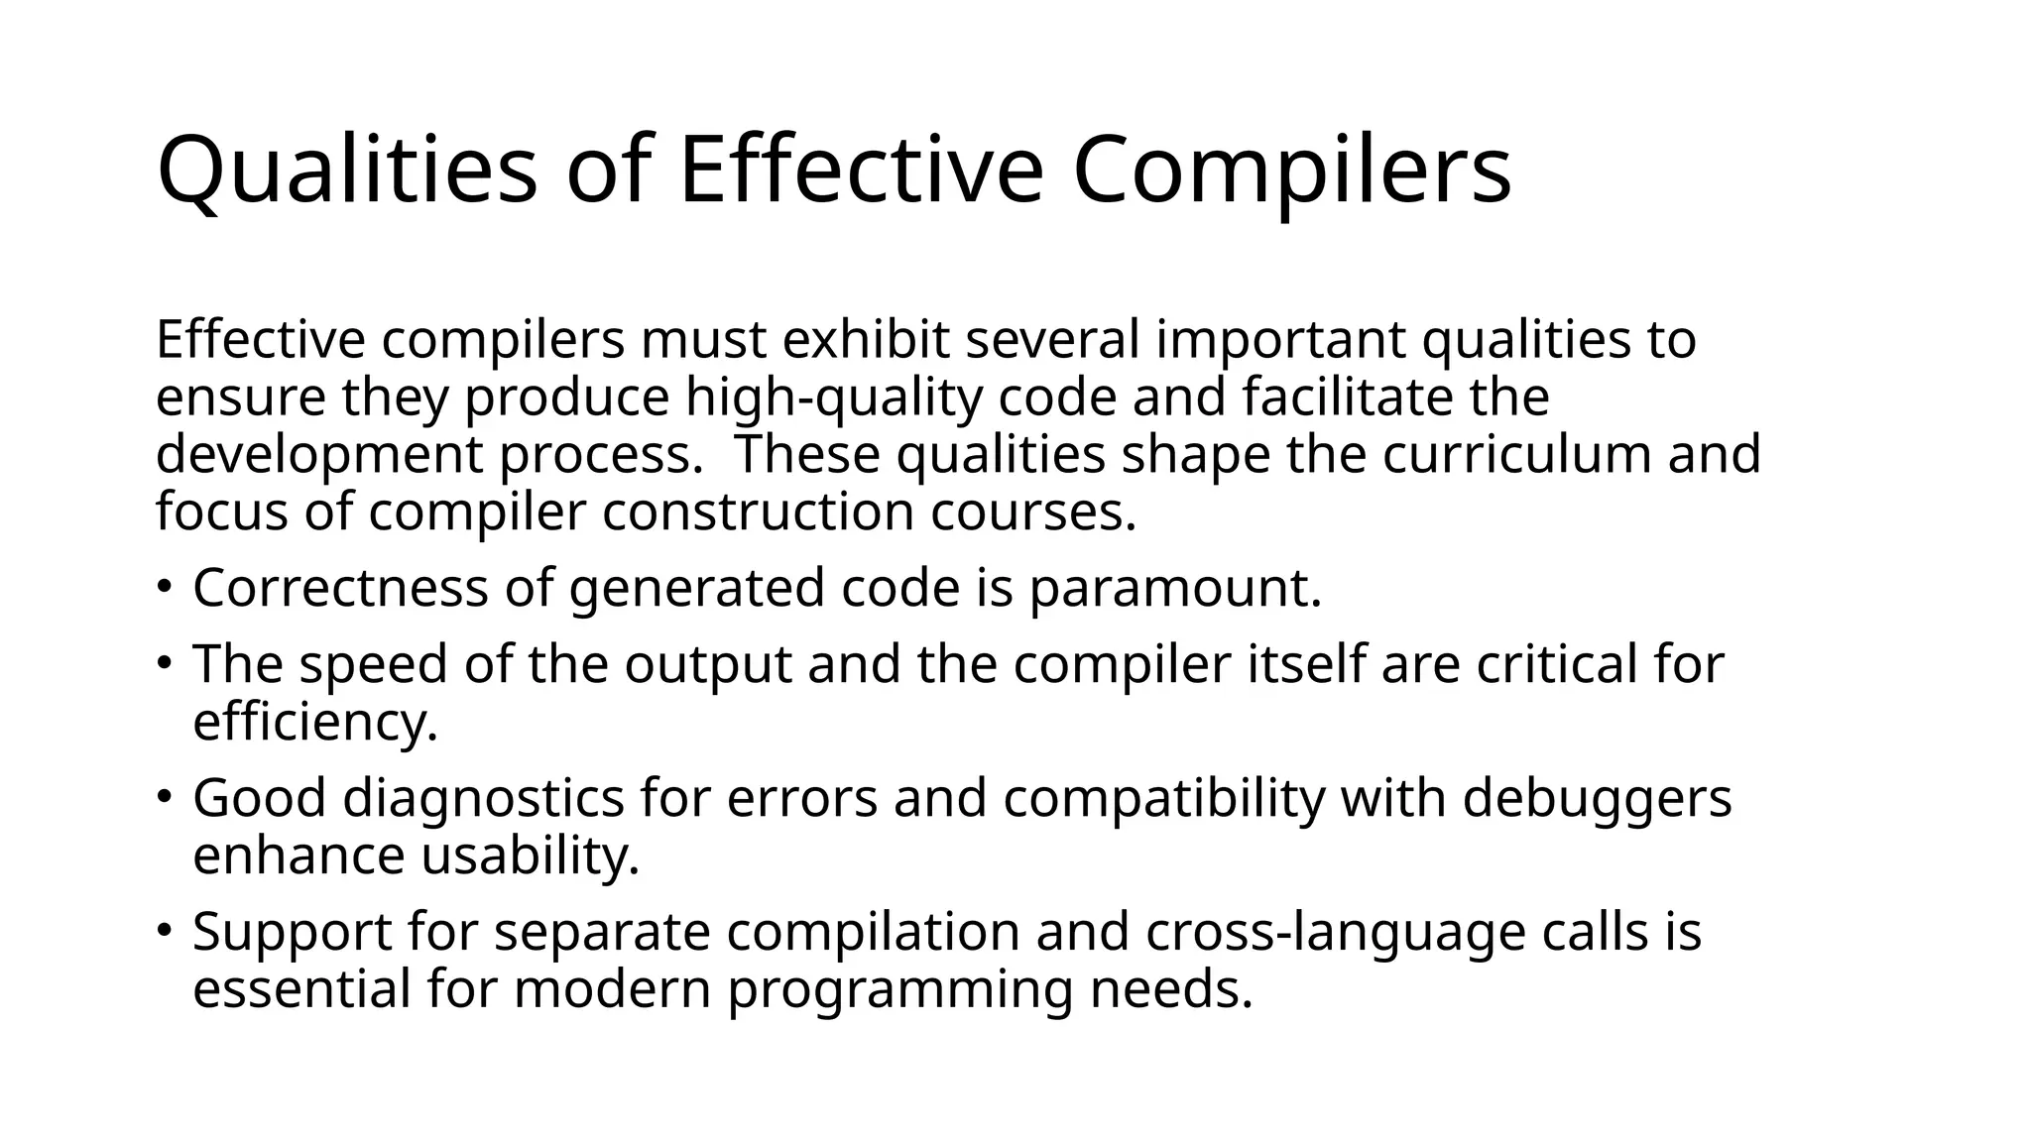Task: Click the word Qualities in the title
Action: coord(347,171)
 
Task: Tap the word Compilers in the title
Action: coord(1291,171)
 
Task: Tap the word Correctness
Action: coord(340,587)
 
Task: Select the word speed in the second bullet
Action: coord(373,664)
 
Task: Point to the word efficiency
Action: coord(315,722)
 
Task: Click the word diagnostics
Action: coord(484,799)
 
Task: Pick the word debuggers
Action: coord(1597,799)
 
